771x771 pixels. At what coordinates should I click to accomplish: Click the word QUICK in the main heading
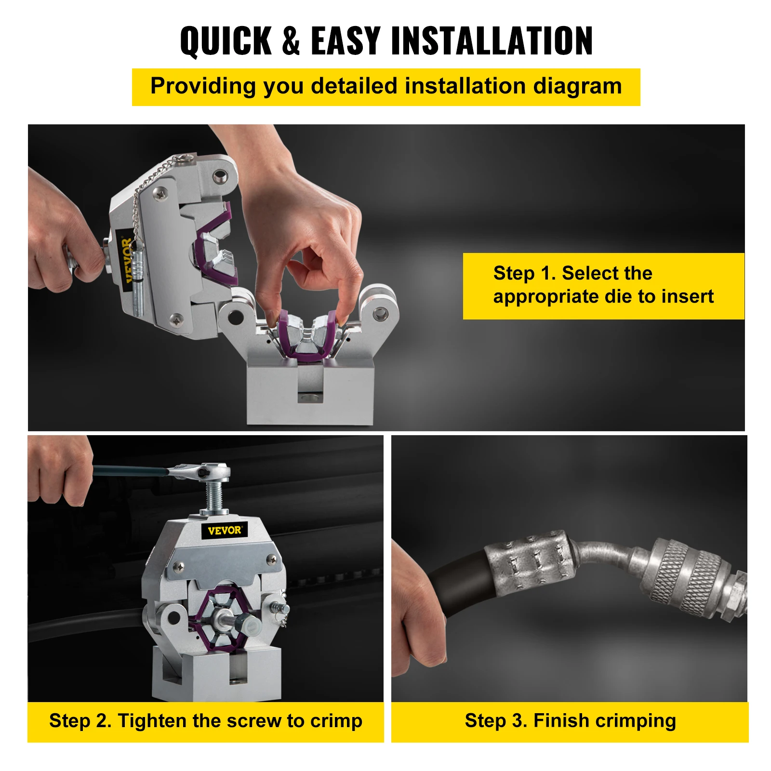point(226,41)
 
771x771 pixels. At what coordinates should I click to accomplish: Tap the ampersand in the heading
point(291,41)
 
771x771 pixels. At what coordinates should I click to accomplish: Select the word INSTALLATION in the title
point(492,41)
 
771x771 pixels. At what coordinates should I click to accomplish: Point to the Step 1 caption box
point(603,286)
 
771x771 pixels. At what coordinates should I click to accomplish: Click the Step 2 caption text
point(206,721)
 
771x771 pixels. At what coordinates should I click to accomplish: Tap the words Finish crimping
point(604,721)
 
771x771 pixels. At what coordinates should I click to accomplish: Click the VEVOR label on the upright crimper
point(224,531)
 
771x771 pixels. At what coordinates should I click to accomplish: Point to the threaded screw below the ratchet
point(215,496)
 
